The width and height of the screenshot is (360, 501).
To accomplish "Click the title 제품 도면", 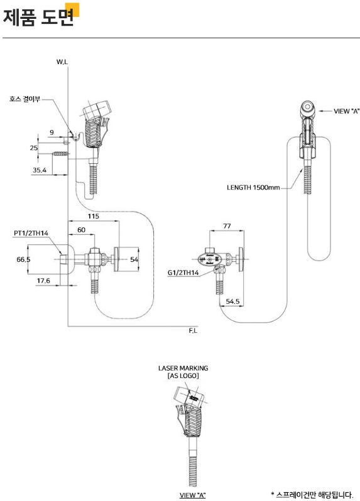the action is click(x=38, y=17).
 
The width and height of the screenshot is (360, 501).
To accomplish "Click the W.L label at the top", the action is click(x=62, y=62).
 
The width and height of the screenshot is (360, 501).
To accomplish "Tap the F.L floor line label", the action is click(x=193, y=331).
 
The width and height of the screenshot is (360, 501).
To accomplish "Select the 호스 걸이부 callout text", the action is click(x=25, y=99).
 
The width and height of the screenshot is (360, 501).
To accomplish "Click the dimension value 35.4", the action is click(x=40, y=170).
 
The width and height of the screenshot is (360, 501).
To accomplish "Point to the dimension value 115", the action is click(x=94, y=217).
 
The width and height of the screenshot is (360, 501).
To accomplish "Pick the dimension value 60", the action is click(x=82, y=230).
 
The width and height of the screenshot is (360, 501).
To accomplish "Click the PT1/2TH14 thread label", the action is click(x=31, y=234).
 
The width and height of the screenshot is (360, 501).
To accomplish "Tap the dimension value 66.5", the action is click(x=23, y=259).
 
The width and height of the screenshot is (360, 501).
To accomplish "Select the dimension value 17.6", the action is click(x=43, y=281).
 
